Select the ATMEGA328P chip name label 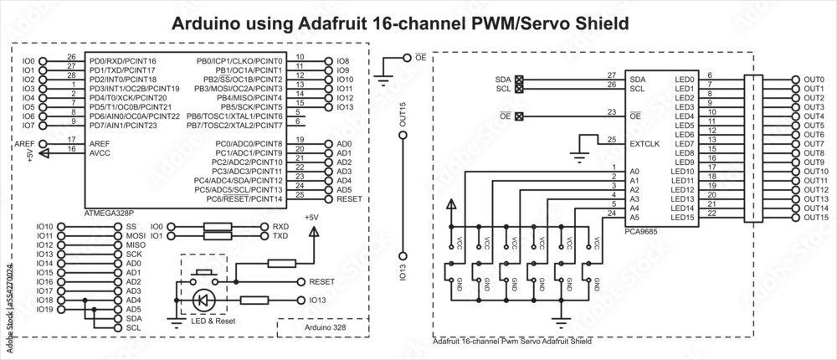pyautogui.click(x=109, y=213)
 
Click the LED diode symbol pyautogui.click(x=203, y=300)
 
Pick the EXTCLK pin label pyautogui.click(x=644, y=143)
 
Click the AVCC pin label pyautogui.click(x=100, y=152)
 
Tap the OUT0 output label pyautogui.click(x=814, y=80)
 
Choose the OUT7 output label pyautogui.click(x=814, y=144)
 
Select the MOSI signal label pyautogui.click(x=136, y=236)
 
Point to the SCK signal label pyautogui.click(x=134, y=255)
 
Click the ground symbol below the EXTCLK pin pyautogui.click(x=578, y=155)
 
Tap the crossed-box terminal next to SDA pyautogui.click(x=519, y=80)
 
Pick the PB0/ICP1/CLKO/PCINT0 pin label pyautogui.click(x=239, y=61)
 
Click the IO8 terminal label pyautogui.click(x=342, y=62)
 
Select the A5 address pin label pyautogui.click(x=634, y=217)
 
